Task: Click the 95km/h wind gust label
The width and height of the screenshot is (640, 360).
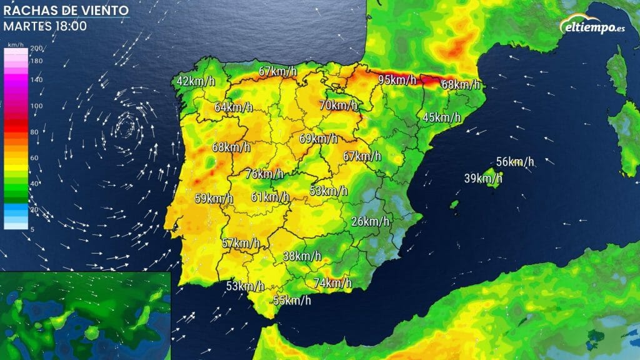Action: pyautogui.click(x=397, y=79)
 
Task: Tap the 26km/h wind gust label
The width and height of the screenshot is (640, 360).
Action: pyautogui.click(x=370, y=221)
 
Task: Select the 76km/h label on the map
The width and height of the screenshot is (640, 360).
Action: pyautogui.click(x=264, y=173)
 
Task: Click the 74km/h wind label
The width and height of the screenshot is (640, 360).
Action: pyautogui.click(x=332, y=283)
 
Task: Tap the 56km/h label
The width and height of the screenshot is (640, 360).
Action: pyautogui.click(x=516, y=162)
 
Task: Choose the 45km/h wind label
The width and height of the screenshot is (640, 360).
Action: pyautogui.click(x=441, y=117)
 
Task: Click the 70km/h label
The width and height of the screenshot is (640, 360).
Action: pyautogui.click(x=338, y=105)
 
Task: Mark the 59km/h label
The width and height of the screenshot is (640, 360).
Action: pyautogui.click(x=214, y=199)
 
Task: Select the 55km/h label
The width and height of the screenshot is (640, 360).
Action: pyautogui.click(x=292, y=300)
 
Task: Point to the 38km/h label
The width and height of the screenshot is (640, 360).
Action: pyautogui.click(x=302, y=256)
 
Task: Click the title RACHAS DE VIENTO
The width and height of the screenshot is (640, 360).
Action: pyautogui.click(x=66, y=11)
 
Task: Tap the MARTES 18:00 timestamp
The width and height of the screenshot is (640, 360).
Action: pyautogui.click(x=45, y=26)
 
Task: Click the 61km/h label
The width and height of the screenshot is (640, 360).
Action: pyautogui.click(x=270, y=197)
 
